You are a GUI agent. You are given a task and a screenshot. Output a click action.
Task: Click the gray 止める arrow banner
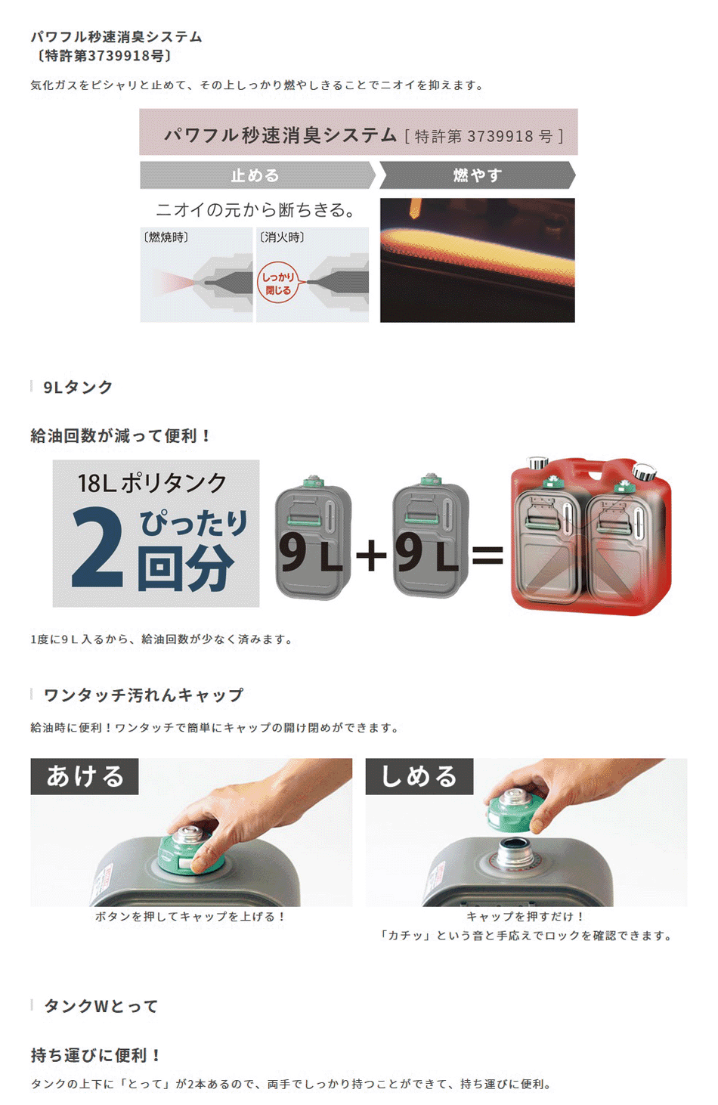coord(258,175)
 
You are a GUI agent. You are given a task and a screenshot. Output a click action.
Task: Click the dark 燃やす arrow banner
coord(477,175)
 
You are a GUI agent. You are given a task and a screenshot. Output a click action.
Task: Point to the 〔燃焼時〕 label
coord(166,237)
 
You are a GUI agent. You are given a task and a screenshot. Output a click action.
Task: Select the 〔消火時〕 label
coord(282,237)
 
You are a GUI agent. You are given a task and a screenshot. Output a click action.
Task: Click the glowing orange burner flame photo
coord(478,261)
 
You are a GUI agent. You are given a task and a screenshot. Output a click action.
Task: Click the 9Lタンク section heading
coord(78,387)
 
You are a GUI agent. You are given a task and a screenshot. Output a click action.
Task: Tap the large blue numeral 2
coord(97,546)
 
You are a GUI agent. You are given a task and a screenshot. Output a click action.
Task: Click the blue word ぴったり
coord(193,523)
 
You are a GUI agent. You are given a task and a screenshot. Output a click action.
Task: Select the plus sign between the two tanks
coord(371,555)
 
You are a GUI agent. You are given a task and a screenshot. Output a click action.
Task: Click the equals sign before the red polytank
coord(487,555)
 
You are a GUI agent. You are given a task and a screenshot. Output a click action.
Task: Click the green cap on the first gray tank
coord(312,481)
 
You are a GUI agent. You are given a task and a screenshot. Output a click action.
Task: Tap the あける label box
coord(85,776)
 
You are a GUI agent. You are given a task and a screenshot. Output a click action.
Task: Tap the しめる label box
coord(419,776)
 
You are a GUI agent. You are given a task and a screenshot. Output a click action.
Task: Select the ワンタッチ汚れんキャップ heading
coord(144,695)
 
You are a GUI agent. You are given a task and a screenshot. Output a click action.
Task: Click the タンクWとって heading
coord(101,1006)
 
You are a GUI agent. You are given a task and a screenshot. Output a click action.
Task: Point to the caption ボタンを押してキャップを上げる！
coord(190,917)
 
